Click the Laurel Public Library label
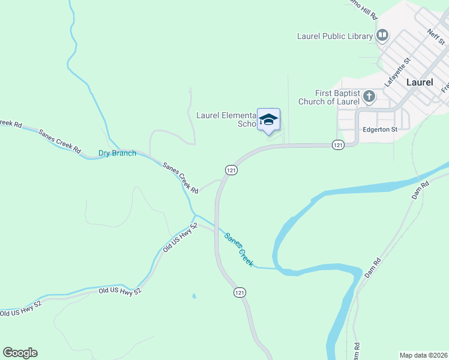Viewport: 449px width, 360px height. point(335,36)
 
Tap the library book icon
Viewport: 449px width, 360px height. point(382,36)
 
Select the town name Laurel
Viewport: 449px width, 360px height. point(420,82)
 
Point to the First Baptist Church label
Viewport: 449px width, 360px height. point(337,97)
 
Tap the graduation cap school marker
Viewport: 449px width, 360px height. point(269,119)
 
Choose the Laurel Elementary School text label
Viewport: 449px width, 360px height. point(227,119)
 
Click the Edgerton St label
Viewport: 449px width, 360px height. point(380,129)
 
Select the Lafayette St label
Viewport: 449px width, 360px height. point(397,72)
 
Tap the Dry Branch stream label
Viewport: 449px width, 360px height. point(117,154)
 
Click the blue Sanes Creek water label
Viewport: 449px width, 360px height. point(239,249)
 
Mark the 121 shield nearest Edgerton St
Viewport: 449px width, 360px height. point(337,145)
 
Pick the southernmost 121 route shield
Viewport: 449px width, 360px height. point(240,292)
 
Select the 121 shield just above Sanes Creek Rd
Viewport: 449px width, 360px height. point(231,170)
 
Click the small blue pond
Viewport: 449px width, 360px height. point(193,296)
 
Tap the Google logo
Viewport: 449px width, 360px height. point(20,353)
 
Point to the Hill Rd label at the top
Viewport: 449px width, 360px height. point(363,8)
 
